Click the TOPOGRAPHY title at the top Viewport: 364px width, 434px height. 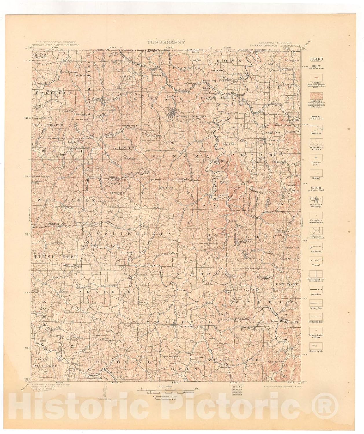pyautogui.click(x=166, y=42)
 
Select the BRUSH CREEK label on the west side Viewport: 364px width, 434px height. pyautogui.click(x=56, y=257)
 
